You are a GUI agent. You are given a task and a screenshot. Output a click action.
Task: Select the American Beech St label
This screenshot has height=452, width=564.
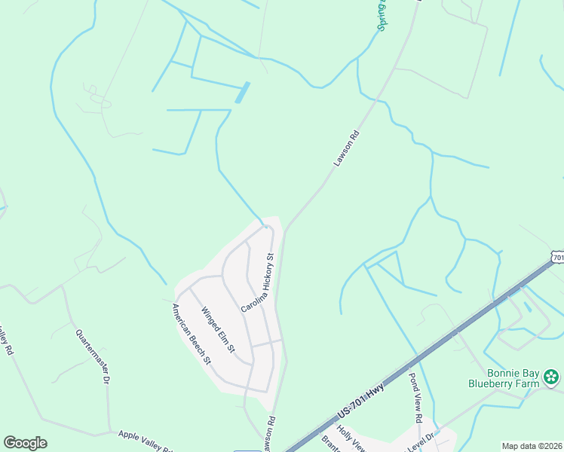(191, 334)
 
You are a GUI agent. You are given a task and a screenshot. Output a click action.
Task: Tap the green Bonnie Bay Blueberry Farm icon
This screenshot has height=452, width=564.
(552, 376)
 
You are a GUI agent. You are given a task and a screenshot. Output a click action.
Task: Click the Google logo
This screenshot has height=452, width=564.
(26, 443)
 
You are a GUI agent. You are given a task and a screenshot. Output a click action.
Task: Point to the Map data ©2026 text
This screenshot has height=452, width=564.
(531, 446)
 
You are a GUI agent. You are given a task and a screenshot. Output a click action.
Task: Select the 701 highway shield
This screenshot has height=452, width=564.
(557, 258)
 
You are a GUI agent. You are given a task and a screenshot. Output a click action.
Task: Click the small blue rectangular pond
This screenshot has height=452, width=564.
(241, 93)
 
